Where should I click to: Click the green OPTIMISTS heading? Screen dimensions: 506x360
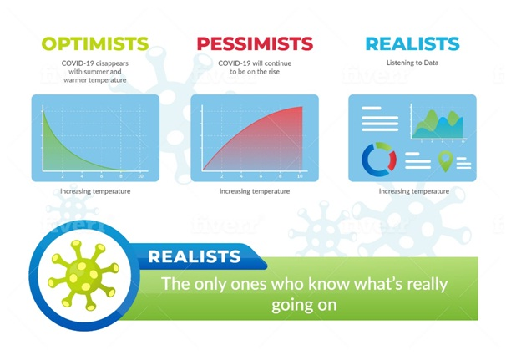pos(95,43)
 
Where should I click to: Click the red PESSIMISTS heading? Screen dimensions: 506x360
pos(255,43)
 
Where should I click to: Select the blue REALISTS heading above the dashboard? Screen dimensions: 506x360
pos(412,43)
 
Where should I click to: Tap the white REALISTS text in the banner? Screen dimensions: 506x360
pos(195,256)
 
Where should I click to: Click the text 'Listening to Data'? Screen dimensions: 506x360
pos(412,63)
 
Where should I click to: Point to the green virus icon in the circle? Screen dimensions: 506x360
pos(83,275)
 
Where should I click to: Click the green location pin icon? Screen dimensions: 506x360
pos(445,161)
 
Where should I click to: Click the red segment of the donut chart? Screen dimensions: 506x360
pos(392,160)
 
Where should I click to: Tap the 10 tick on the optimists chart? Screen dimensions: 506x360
pos(140,176)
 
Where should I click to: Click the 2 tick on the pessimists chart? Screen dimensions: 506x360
pos(222,176)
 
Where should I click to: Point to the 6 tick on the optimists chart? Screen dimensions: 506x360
pos(101,176)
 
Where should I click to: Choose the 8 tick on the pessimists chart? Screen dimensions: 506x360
pos(280,176)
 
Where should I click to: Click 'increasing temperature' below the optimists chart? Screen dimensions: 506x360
pos(95,191)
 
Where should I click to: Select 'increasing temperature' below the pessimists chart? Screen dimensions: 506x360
pos(255,191)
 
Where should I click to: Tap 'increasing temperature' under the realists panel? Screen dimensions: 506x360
pos(414,191)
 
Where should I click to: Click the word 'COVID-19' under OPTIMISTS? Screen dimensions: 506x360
pos(77,63)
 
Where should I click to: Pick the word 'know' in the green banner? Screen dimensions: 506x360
pos(328,283)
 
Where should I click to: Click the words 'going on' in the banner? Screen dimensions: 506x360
pos(304,305)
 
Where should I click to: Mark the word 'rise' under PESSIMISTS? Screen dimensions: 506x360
pos(274,72)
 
